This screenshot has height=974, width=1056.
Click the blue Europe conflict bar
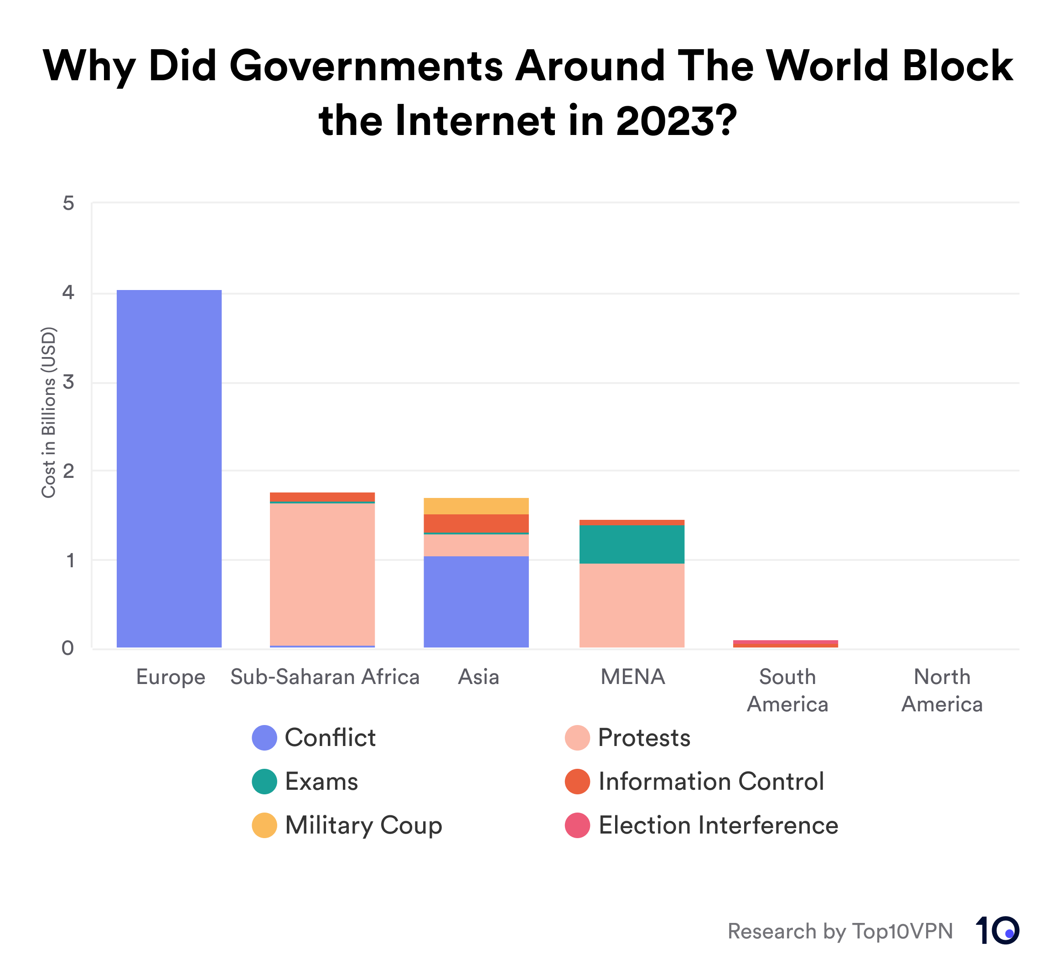169,469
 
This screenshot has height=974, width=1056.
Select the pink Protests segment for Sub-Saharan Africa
322,575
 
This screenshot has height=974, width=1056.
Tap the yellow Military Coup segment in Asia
476,506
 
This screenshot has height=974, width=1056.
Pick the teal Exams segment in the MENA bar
632,544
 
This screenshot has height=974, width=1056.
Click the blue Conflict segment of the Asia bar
476,602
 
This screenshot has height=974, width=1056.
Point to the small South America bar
785,644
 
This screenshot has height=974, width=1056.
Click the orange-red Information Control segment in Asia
476,523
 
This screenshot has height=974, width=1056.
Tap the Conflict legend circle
264,738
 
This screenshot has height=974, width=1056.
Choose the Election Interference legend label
718,825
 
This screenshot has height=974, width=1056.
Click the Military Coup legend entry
363,825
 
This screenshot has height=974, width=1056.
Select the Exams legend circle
264,782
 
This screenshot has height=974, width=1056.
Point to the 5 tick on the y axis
68,203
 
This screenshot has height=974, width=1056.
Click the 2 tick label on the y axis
68,471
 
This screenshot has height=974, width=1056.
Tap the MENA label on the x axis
632,677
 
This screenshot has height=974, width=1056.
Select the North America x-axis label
942,690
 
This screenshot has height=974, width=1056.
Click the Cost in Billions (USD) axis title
48,412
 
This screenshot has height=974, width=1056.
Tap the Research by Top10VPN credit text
840,931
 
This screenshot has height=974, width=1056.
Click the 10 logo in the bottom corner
997,930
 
